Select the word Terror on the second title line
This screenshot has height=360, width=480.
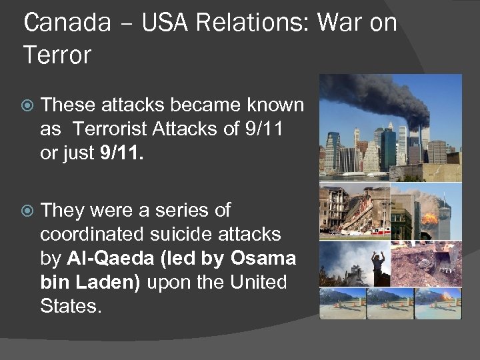point(57,55)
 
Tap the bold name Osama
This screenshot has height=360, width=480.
point(263,258)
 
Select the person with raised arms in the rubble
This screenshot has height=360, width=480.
point(378,261)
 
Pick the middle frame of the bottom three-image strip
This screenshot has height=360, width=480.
point(390,303)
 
